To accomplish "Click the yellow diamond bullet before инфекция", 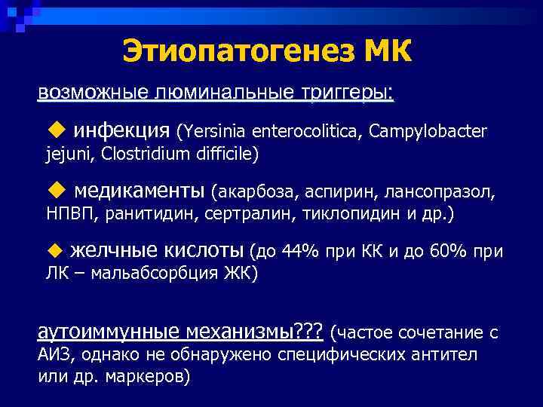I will [58, 131].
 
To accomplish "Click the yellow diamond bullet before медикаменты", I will [58, 188].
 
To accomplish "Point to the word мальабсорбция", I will [147, 274].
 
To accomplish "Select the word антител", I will [452, 354].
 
